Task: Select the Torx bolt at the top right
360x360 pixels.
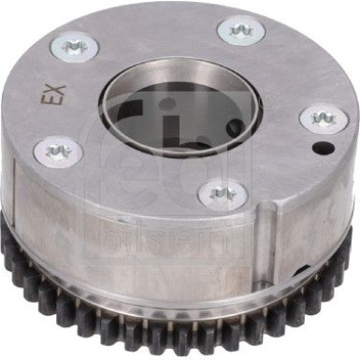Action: pos(240,31)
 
